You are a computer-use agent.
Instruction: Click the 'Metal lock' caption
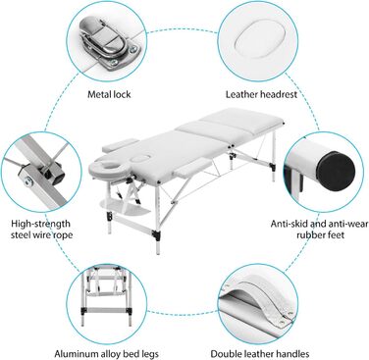click(109, 95)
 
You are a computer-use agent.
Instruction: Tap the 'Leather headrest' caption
click(261, 95)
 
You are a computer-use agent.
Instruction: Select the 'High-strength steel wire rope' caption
click(41, 230)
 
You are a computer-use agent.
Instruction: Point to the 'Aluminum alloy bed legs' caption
click(106, 354)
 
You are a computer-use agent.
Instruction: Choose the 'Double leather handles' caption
click(260, 354)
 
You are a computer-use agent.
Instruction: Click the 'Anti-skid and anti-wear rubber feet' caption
click(319, 230)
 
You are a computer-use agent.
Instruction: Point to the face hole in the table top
click(140, 159)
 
